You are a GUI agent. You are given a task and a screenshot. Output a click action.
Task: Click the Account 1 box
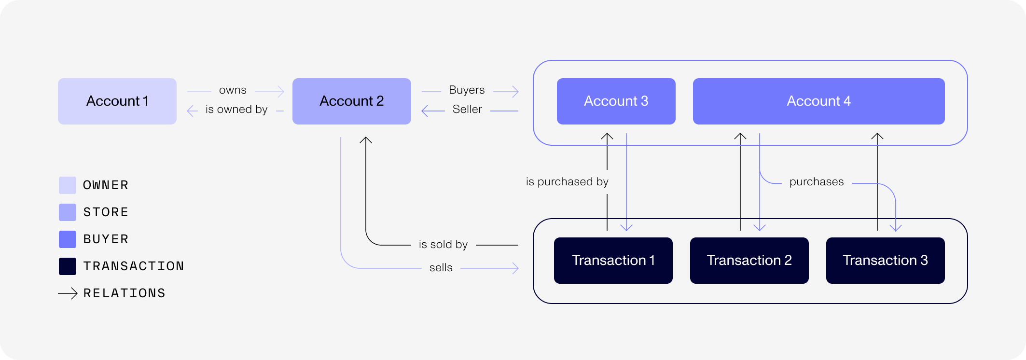(117, 101)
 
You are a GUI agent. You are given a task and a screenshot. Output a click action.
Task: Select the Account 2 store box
(351, 101)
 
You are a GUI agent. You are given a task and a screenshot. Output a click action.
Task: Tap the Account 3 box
(616, 101)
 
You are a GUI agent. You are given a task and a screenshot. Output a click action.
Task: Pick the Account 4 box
(818, 101)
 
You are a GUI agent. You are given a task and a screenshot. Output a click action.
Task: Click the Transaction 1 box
(613, 261)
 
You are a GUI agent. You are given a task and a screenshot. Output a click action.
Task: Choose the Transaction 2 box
(749, 261)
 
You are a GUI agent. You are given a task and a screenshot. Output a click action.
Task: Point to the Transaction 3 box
(885, 261)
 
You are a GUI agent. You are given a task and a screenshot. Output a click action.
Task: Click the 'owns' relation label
(233, 90)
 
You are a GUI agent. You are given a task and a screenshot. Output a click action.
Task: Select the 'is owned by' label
(236, 110)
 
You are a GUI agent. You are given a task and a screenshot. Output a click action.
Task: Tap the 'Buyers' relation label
(467, 90)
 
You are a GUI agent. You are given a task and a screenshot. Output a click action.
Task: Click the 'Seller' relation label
(467, 110)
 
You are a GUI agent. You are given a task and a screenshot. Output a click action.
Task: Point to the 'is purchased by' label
(567, 182)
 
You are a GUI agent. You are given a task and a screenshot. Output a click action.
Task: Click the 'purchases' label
(817, 182)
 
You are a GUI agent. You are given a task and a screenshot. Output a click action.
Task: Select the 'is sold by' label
(443, 245)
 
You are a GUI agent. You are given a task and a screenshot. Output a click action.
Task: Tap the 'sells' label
(441, 268)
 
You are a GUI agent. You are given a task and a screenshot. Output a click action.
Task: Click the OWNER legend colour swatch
(68, 185)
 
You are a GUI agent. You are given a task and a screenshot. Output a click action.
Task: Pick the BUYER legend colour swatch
(68, 239)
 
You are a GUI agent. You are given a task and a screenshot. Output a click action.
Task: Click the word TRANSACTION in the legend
(133, 266)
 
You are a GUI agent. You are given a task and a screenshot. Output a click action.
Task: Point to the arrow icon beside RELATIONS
(68, 293)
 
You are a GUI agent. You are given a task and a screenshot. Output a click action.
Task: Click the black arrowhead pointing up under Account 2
(366, 140)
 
